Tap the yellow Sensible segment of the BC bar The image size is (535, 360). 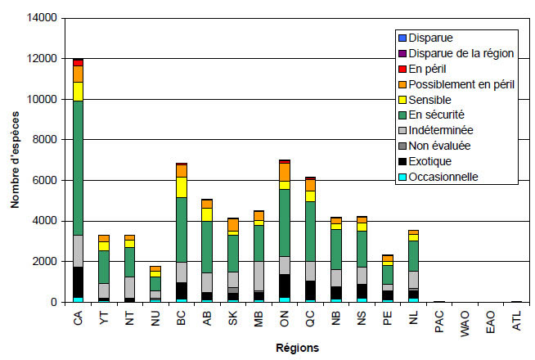[181, 187]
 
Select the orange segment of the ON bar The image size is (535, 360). [284, 172]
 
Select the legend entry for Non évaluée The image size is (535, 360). [440, 146]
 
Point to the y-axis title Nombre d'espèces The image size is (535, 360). [15, 160]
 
